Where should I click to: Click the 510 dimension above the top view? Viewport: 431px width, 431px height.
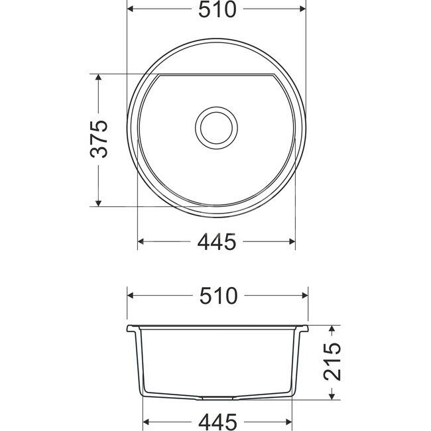click(x=217, y=10)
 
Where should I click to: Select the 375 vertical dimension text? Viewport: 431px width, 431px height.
click(x=98, y=139)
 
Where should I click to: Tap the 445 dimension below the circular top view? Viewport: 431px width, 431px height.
click(x=217, y=243)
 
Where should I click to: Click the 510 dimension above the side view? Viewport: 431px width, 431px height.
click(x=217, y=296)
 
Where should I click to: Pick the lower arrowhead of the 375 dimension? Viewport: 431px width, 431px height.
click(x=98, y=202)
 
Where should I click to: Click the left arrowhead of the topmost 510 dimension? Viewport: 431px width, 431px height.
click(x=130, y=10)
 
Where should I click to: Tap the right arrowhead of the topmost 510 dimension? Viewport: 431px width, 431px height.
click(x=304, y=10)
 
